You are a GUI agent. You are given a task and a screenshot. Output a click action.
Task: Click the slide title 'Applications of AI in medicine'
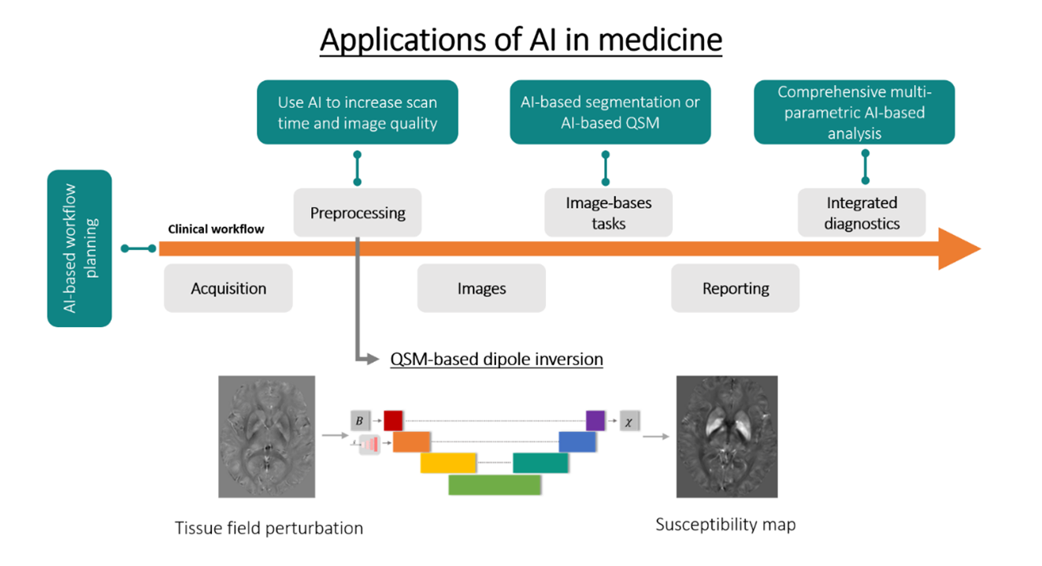[521, 40]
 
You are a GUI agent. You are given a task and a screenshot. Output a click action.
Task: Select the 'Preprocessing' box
[358, 213]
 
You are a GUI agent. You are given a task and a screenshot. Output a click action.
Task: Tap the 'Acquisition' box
[228, 288]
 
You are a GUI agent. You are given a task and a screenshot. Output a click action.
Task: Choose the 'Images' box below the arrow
[481, 288]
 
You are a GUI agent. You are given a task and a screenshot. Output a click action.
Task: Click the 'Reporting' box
[736, 288]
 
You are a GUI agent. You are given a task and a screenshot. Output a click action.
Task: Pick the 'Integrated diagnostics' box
[862, 213]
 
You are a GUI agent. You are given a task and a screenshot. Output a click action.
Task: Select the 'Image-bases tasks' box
[609, 213]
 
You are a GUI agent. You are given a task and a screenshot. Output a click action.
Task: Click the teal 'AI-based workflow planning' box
[80, 248]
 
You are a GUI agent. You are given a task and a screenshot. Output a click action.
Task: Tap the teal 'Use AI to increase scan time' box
[358, 112]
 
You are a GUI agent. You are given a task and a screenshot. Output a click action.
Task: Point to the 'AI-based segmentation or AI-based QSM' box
[610, 112]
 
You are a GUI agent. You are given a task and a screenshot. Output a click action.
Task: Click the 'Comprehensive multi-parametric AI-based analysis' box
[855, 112]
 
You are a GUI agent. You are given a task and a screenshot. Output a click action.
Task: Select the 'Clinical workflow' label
[216, 229]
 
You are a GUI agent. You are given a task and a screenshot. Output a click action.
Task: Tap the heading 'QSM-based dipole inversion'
[496, 359]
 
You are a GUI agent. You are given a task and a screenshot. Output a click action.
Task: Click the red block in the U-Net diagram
[393, 420]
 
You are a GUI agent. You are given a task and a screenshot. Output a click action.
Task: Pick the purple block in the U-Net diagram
[595, 420]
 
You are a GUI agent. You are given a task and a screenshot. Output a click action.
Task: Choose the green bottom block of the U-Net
[495, 485]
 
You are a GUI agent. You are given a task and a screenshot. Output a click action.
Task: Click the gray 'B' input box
[360, 421]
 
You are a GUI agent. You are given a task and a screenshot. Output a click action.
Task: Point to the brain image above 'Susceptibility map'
[727, 437]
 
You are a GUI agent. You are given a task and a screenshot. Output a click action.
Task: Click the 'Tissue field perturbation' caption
[269, 528]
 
